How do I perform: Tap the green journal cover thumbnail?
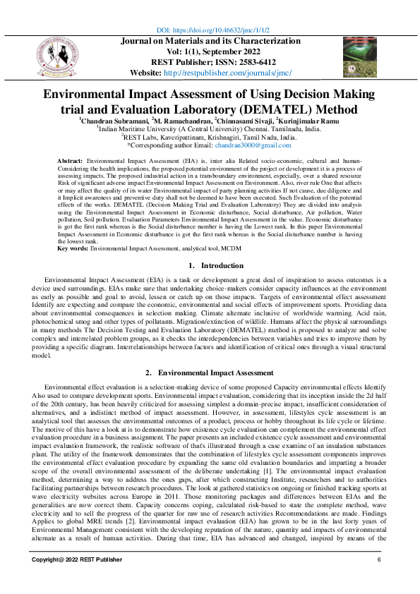[360, 57]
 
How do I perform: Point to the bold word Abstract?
[70, 162]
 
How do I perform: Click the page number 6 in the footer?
[379, 579]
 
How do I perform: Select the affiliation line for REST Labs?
[210, 137]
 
